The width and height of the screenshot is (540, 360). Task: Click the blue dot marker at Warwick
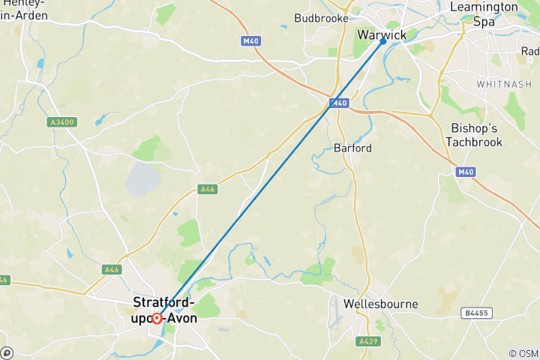coord(383,41)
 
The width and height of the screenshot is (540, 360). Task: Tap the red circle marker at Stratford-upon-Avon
coord(157,318)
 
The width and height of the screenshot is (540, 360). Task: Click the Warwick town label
coord(382,35)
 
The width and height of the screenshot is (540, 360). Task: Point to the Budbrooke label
coord(321,17)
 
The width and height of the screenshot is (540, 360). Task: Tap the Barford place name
coord(352,148)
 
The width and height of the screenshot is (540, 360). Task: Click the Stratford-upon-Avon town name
coord(164,310)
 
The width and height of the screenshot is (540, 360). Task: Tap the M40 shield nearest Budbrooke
coord(250,41)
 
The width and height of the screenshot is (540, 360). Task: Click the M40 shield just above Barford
coord(339,103)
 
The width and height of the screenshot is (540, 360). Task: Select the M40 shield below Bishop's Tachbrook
coord(466,172)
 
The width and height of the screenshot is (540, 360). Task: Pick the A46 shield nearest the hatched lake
coord(208,190)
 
